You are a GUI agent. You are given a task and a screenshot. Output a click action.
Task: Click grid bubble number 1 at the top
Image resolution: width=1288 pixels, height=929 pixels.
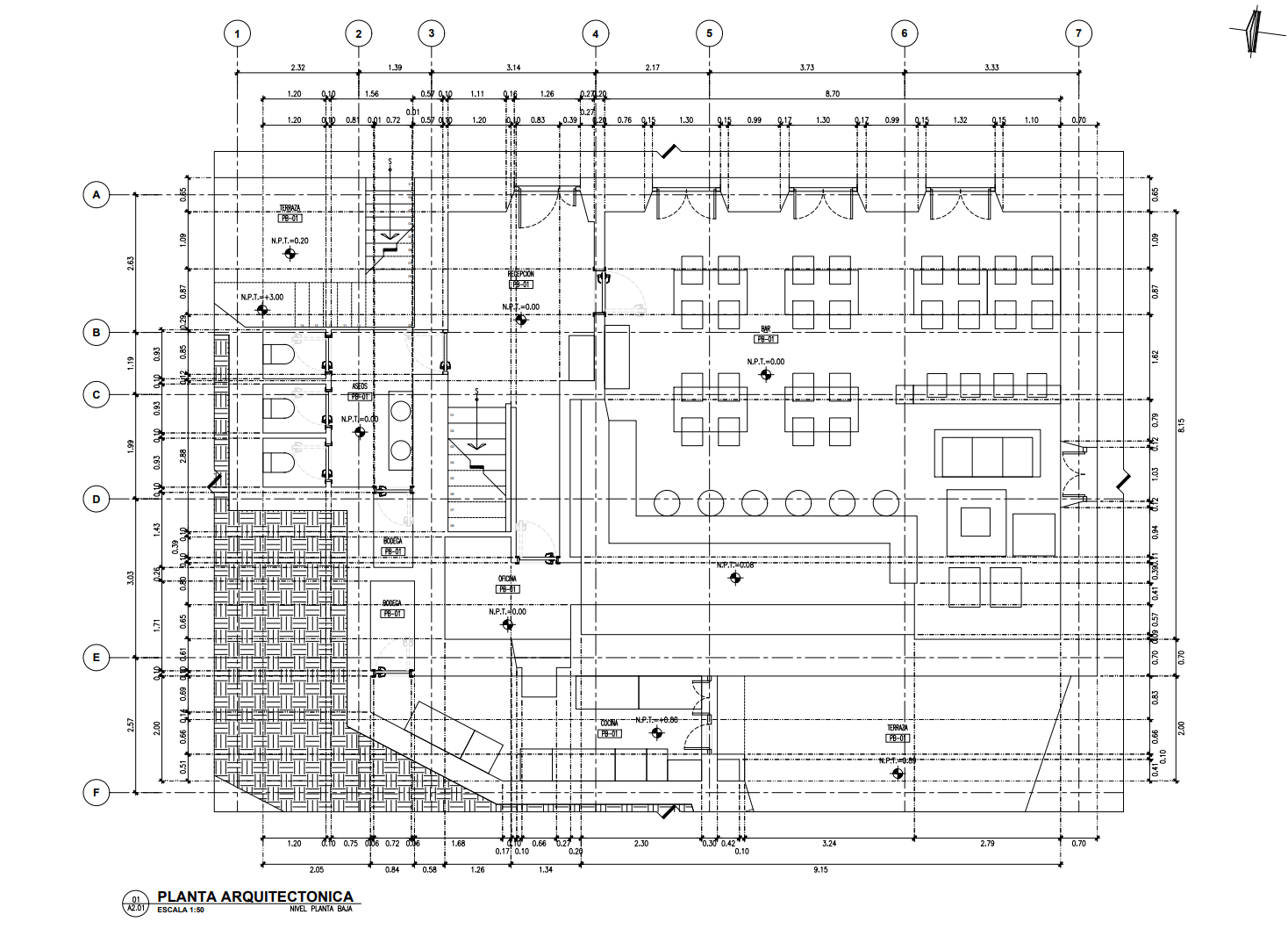[x=237, y=34]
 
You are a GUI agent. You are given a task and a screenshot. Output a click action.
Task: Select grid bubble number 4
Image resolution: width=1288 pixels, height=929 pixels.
[x=596, y=34]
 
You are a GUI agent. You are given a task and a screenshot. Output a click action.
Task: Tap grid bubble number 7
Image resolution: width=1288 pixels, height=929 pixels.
[x=1078, y=34]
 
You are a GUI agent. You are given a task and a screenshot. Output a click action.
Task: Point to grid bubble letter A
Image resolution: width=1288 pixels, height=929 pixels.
[x=97, y=195]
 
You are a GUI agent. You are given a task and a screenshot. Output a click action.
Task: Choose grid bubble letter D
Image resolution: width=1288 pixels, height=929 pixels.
[x=97, y=500]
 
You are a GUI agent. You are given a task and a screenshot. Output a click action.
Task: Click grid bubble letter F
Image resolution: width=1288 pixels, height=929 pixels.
[x=97, y=794]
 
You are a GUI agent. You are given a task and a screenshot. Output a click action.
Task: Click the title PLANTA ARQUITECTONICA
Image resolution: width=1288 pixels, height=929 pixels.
[x=255, y=897]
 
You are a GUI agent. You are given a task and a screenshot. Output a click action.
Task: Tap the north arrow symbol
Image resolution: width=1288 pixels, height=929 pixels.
[x=1255, y=33]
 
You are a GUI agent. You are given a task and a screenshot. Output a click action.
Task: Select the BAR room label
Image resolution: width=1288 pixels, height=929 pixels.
[x=765, y=328]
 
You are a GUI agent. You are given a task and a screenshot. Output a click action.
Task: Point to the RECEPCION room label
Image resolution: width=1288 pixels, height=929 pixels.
[x=520, y=274]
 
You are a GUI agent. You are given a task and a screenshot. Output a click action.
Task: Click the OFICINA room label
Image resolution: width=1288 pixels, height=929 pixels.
[x=507, y=579]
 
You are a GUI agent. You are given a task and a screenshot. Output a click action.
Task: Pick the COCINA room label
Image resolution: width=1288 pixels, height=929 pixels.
[x=609, y=723]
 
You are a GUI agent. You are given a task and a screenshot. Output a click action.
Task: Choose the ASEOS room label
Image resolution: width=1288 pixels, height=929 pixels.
[x=359, y=386]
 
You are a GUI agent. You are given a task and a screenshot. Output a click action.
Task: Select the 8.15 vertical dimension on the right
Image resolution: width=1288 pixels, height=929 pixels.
[x=1181, y=423]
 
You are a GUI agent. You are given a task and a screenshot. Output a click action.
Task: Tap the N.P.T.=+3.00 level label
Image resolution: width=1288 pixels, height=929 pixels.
[x=261, y=297]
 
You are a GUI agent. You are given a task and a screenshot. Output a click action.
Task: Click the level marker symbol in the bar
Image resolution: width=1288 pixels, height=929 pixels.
[x=766, y=375]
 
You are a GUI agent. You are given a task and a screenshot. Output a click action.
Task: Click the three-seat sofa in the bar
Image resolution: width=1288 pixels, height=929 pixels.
[x=987, y=453]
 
